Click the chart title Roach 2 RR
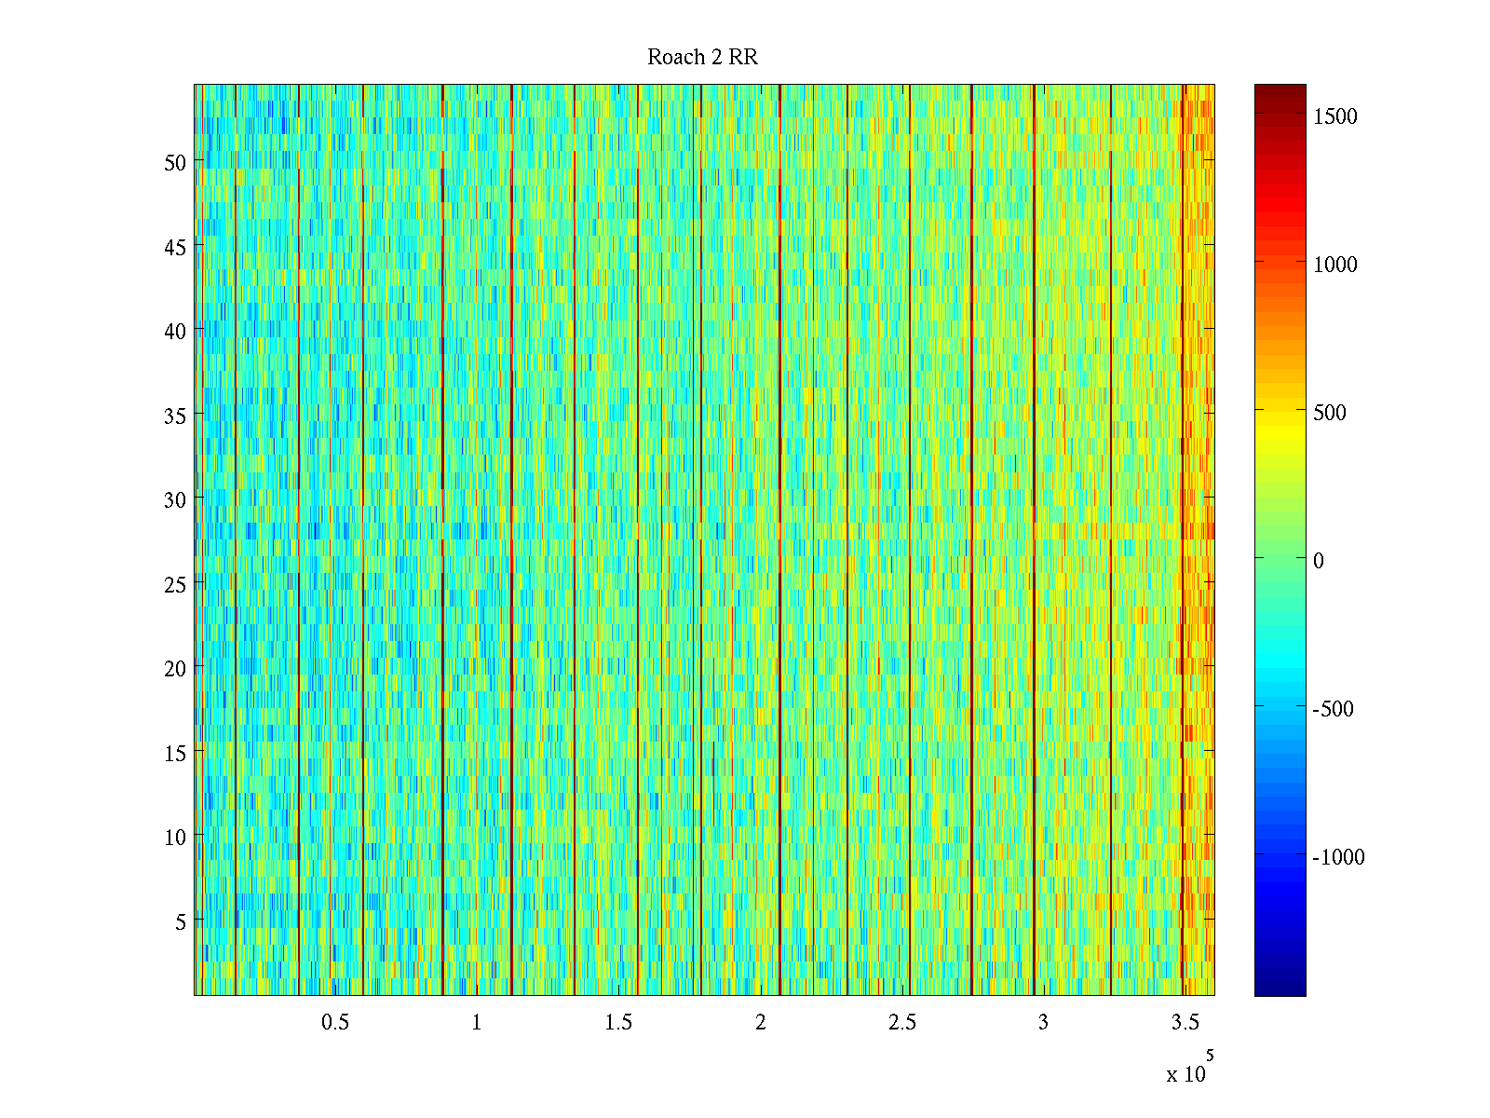point(702,58)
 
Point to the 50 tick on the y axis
point(175,162)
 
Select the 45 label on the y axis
point(175,247)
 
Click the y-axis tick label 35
point(175,416)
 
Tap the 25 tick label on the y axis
point(175,584)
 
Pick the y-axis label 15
point(175,753)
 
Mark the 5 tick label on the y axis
point(181,921)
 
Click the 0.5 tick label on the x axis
point(335,1023)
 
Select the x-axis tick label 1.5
point(618,1023)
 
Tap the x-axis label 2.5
point(901,1023)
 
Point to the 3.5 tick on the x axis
point(1185,1023)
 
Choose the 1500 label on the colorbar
point(1335,116)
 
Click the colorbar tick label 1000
point(1335,265)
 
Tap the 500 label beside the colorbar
point(1330,413)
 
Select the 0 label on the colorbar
point(1319,561)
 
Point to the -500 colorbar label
point(1333,709)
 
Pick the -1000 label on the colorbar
point(1338,857)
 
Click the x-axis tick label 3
point(1043,1023)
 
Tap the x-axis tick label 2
point(760,1023)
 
